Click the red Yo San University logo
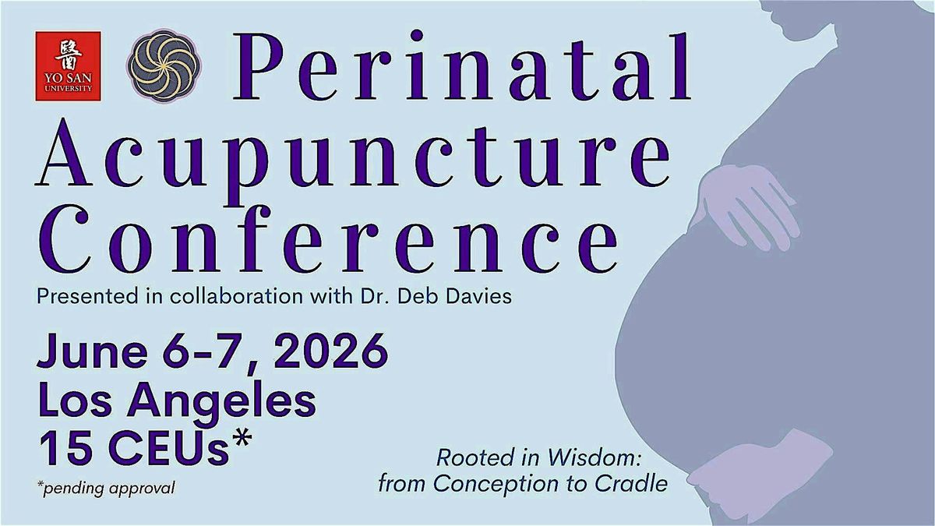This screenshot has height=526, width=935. tap(67, 65)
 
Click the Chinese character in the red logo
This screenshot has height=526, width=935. tap(67, 55)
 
